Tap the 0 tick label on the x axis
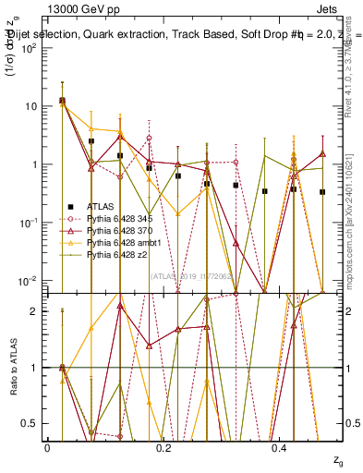(48, 448)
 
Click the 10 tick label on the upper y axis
(30, 106)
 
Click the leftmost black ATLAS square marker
(62, 100)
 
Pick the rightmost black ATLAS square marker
(322, 192)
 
